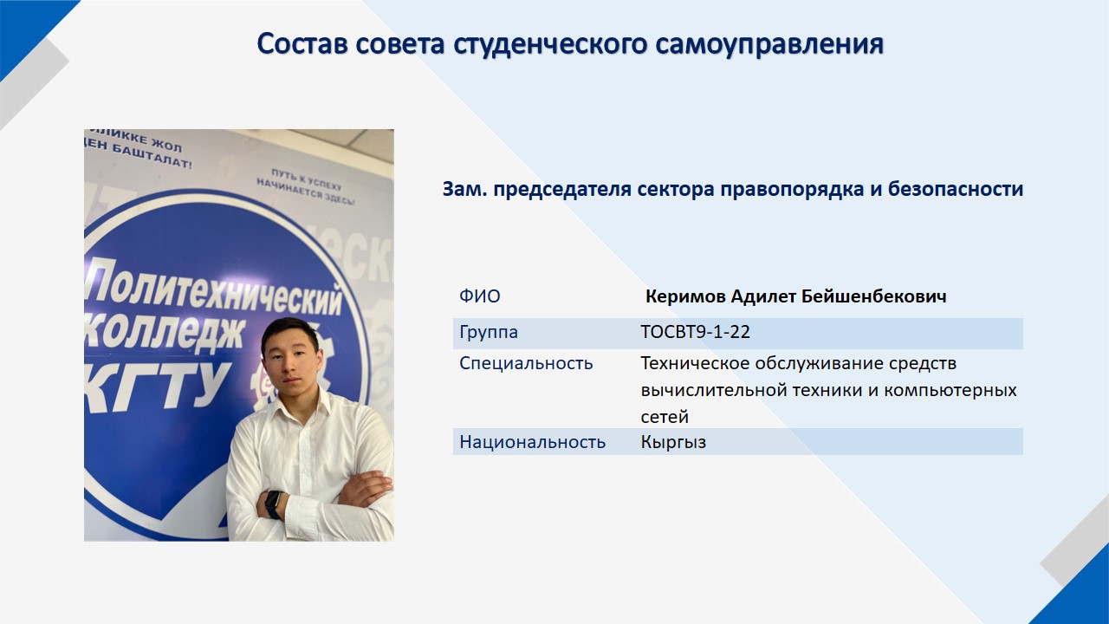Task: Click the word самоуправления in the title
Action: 770,44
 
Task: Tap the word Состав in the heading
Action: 302,43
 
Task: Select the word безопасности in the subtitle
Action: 956,189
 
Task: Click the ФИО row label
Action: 480,296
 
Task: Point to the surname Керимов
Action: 685,296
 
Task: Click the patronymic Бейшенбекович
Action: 874,296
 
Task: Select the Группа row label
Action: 489,332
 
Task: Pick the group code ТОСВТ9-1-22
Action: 695,332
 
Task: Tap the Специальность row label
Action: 526,363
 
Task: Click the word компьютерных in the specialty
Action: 950,390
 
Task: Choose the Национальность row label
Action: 532,442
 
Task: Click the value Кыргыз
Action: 673,442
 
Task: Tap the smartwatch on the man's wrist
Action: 273,504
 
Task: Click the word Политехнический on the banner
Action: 214,289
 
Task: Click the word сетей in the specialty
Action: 665,418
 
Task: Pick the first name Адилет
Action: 763,296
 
